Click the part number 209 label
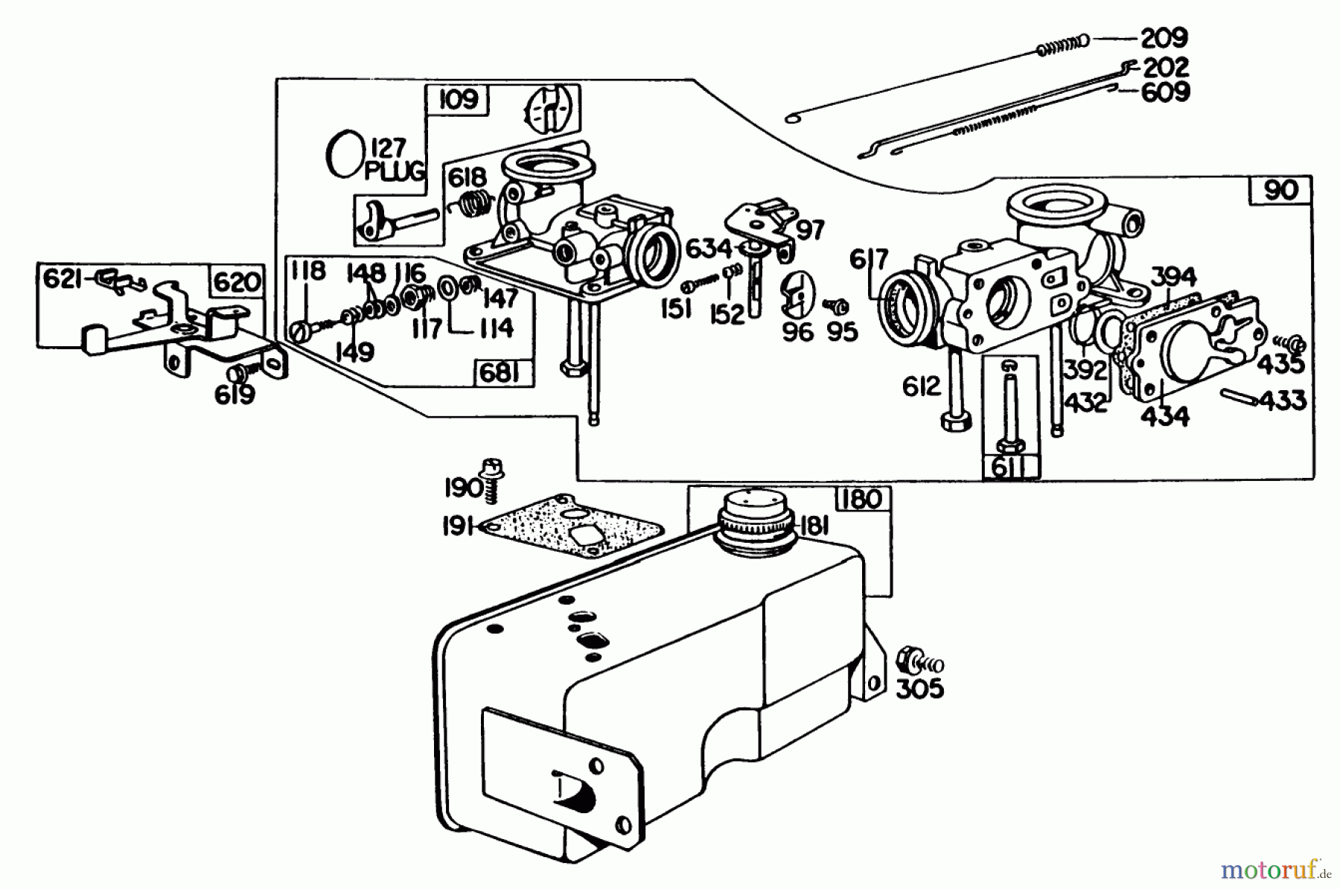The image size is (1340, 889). pos(1164,37)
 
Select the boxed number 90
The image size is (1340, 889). pos(1280,191)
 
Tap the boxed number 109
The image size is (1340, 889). pos(458,100)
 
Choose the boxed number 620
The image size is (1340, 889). pos(237,281)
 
